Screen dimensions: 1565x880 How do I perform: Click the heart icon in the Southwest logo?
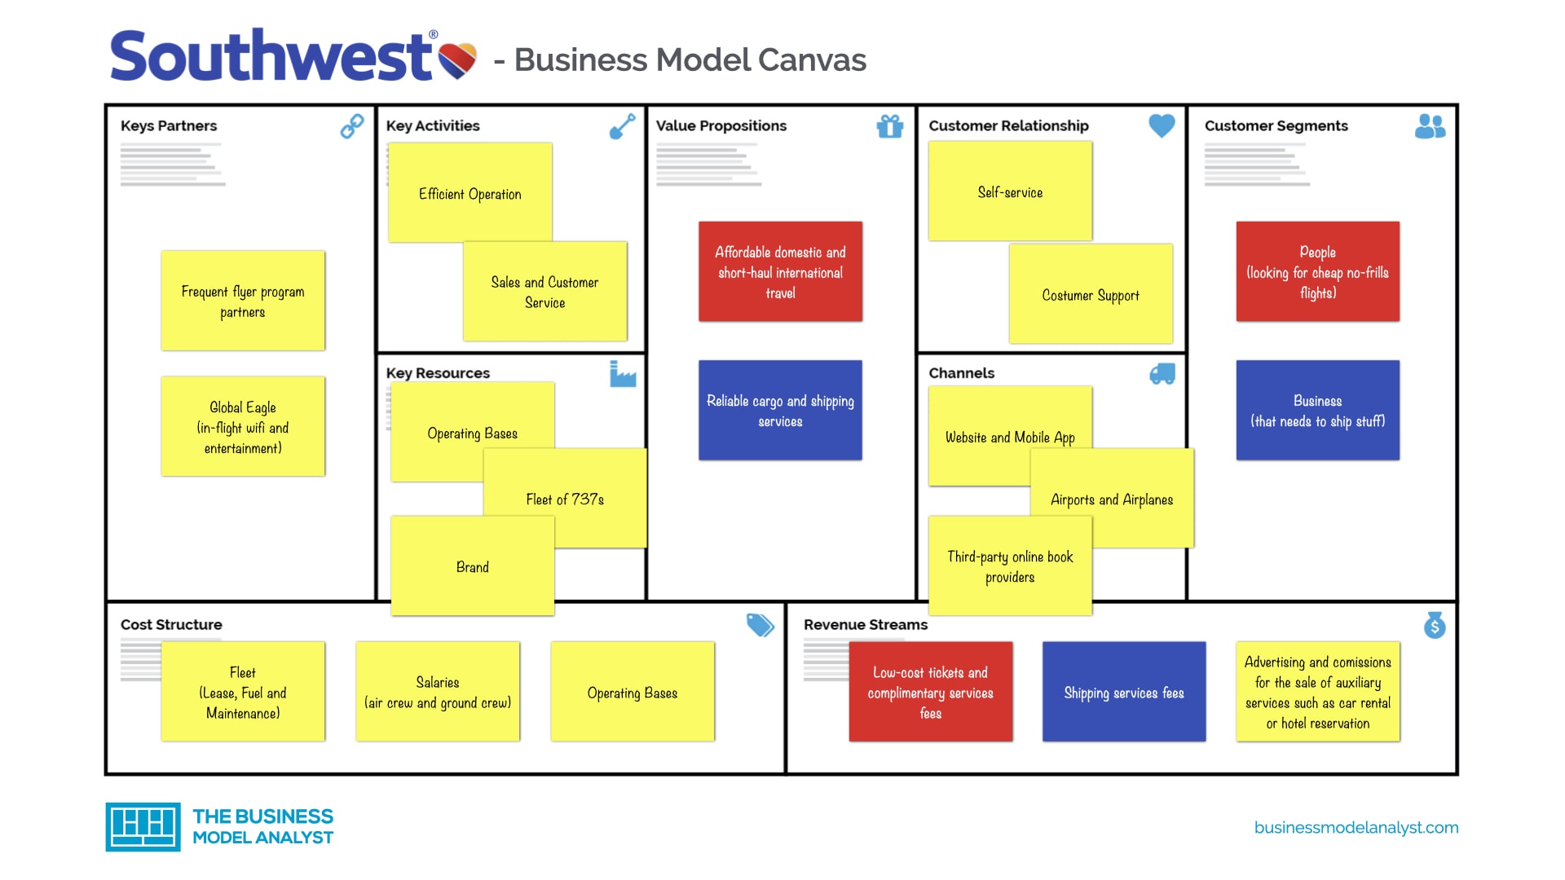[457, 60]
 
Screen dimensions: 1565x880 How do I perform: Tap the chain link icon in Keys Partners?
[352, 126]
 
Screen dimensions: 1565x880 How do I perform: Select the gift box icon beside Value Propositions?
[890, 126]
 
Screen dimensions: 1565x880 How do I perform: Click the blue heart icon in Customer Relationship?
[1162, 125]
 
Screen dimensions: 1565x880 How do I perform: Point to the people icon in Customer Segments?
[1431, 126]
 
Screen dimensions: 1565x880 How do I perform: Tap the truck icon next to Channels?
[1162, 374]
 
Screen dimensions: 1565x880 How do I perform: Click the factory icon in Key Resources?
[623, 374]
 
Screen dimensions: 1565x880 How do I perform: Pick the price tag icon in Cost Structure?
[760, 625]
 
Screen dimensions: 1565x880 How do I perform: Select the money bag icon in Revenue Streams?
[1435, 625]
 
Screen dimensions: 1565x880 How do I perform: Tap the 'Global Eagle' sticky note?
[243, 426]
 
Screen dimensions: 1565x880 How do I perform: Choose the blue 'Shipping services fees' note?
[1124, 692]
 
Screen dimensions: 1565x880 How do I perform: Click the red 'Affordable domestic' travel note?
[780, 271]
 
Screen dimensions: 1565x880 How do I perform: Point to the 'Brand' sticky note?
[473, 566]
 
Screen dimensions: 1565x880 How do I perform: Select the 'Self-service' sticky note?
[1010, 191]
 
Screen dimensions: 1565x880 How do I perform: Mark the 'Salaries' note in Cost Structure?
[438, 692]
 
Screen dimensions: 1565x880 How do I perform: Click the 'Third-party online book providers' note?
[1010, 566]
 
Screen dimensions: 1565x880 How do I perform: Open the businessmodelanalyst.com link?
[1356, 827]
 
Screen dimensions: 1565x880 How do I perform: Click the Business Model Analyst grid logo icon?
[143, 827]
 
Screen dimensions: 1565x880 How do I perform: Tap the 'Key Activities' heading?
[433, 126]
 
